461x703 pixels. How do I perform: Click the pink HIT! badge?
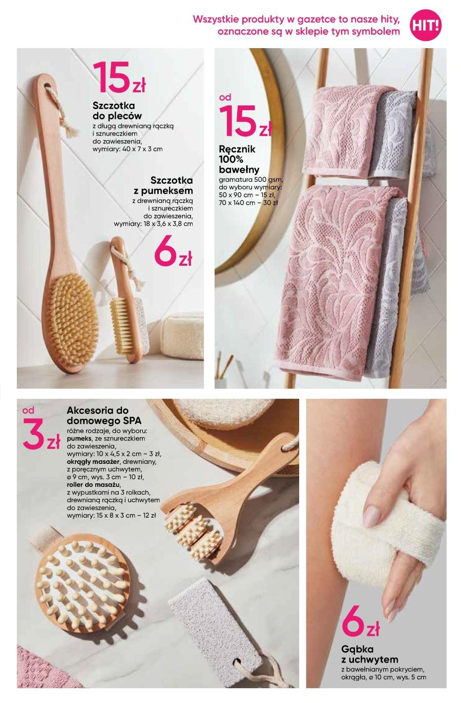(x=426, y=25)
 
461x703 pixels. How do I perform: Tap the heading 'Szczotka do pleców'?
(x=117, y=111)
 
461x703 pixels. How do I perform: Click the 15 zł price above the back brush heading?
(x=119, y=77)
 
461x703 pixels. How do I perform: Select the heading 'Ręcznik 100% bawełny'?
(x=239, y=159)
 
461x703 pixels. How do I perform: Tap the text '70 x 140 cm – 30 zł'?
(x=248, y=203)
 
